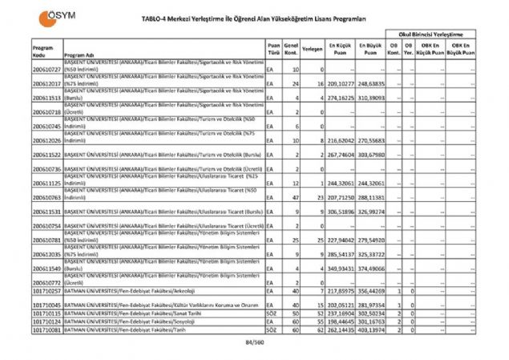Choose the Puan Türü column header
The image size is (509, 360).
coord(274,49)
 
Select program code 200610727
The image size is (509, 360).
coord(47,70)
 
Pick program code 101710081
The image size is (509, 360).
coord(47,329)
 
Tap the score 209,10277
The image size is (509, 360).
coord(341,83)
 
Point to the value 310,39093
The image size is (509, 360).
coord(370,98)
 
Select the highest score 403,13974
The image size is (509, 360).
coord(370,329)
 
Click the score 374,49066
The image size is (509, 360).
coord(370,268)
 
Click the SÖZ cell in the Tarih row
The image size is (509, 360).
coord(273,329)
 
